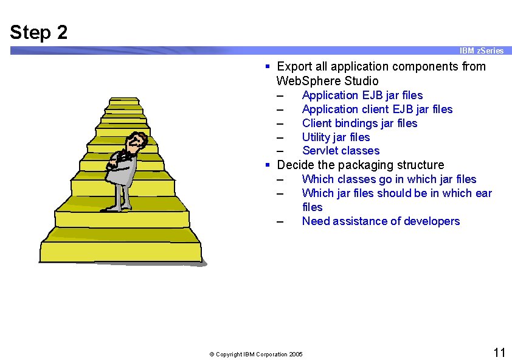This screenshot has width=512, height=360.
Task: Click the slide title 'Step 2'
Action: pos(39,32)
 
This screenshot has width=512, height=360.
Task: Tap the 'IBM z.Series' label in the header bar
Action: pos(482,50)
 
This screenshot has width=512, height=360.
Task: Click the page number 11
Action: pos(499,353)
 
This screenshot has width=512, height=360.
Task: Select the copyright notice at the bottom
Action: pos(255,354)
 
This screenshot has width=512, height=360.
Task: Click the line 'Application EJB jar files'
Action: pos(362,95)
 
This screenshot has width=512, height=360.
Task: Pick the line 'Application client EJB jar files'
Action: pos(377,109)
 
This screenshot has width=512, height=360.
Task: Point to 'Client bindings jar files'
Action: pos(359,123)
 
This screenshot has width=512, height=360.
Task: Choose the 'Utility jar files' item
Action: pos(336,137)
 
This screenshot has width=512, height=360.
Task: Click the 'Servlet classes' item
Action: pos(341,151)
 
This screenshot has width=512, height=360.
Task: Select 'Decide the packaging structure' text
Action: pos(360,165)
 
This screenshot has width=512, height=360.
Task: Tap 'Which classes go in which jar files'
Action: pos(389,179)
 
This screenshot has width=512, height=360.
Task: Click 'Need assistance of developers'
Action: pos(381,221)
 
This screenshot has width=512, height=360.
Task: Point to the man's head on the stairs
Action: pos(139,142)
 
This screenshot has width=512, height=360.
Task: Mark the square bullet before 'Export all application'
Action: pos(268,66)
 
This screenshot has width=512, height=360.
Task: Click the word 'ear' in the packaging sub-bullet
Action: pos(483,193)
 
